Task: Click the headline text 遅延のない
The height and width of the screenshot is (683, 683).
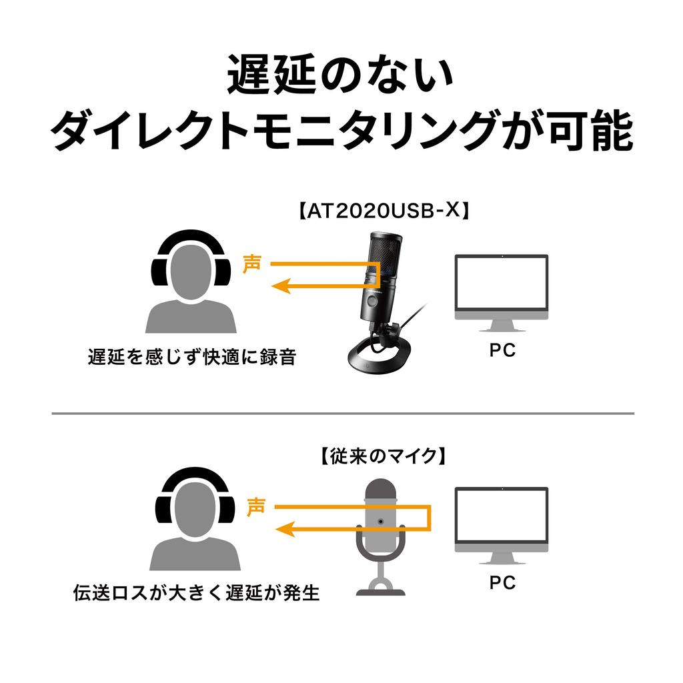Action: [340, 75]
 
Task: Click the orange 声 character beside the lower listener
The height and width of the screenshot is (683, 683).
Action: [256, 506]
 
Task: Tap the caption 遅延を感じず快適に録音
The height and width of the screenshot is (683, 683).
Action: [191, 357]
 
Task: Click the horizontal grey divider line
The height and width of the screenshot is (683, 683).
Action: [341, 414]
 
